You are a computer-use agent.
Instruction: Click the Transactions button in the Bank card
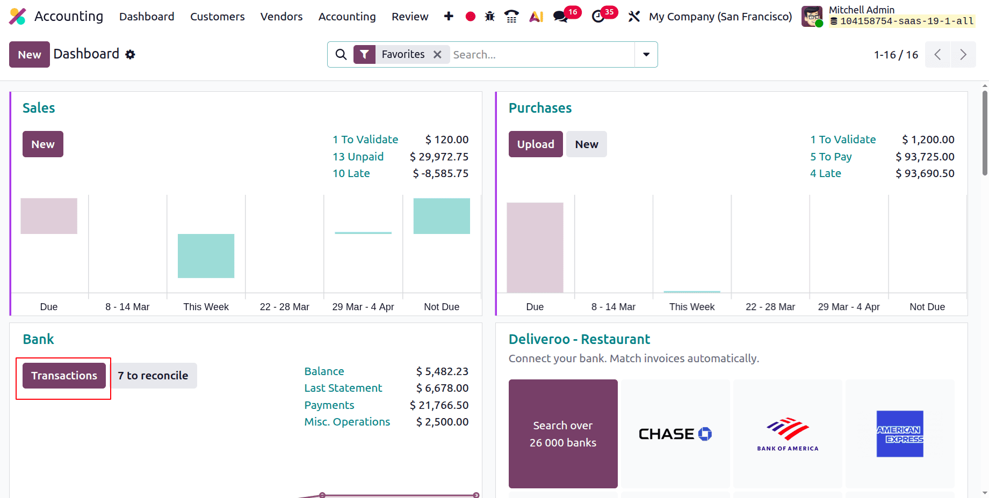(64, 376)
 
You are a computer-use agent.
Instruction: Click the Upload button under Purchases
(535, 144)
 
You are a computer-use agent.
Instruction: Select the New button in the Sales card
(42, 144)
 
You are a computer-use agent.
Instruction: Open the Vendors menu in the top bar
(281, 17)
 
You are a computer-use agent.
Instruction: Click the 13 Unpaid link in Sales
(358, 157)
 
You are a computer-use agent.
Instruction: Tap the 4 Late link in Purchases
(825, 173)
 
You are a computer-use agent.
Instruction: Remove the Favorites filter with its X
(437, 55)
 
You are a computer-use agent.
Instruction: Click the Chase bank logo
(675, 434)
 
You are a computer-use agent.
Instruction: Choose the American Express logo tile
(899, 434)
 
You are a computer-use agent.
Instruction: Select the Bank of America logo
(787, 434)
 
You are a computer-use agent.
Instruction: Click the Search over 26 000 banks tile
(562, 434)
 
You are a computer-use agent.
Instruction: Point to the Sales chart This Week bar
(206, 256)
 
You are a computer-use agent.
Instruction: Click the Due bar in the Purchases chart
(535, 247)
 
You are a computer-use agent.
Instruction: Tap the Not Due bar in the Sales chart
(441, 216)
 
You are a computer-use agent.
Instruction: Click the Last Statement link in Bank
(343, 388)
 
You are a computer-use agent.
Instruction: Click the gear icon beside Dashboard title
(130, 55)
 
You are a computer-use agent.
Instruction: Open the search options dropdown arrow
(646, 55)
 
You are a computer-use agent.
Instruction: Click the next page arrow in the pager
(963, 55)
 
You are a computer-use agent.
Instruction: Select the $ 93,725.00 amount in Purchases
(925, 157)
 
